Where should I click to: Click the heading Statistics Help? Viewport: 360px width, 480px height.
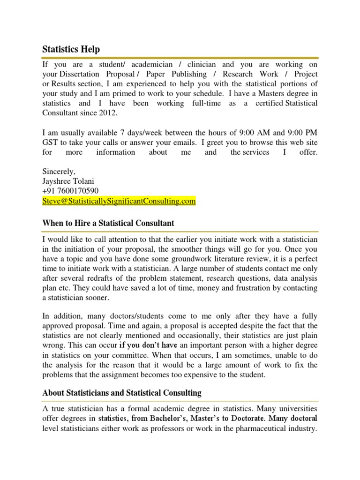(x=71, y=49)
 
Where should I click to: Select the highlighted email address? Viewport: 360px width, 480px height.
(x=119, y=202)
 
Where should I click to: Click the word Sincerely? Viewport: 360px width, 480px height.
(x=59, y=171)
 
